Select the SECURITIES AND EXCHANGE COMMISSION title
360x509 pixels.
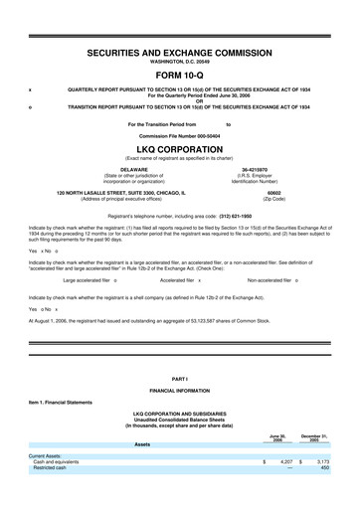tap(180, 51)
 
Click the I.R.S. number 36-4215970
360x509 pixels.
tap(261, 170)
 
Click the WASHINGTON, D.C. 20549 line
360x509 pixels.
tap(180, 61)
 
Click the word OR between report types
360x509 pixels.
tap(180, 98)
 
